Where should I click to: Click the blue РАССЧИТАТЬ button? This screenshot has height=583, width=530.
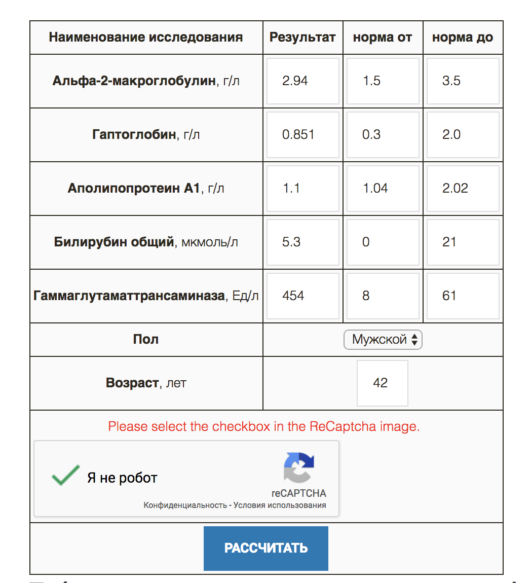(x=266, y=548)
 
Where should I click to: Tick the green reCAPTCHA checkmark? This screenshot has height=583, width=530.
(x=65, y=476)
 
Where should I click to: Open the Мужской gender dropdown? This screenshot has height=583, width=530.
(x=383, y=340)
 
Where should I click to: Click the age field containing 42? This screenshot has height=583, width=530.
(x=382, y=383)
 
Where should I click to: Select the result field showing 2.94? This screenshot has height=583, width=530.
(x=302, y=81)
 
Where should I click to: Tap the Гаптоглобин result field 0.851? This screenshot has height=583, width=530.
(x=302, y=135)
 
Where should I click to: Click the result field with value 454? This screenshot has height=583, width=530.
(x=302, y=296)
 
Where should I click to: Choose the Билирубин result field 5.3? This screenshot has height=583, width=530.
(x=302, y=242)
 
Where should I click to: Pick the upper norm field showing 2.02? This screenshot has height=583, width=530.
(x=463, y=189)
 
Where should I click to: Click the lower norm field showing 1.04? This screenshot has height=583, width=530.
(x=383, y=189)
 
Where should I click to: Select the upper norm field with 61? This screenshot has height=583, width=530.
(x=463, y=296)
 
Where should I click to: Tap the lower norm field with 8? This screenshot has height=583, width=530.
(x=383, y=296)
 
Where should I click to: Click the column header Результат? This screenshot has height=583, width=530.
(x=302, y=38)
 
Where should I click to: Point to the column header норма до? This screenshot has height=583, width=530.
(x=462, y=38)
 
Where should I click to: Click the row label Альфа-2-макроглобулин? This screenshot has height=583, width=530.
(x=134, y=81)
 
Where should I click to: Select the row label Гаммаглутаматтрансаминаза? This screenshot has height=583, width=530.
(x=129, y=296)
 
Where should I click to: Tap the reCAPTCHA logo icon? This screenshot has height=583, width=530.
(x=299, y=467)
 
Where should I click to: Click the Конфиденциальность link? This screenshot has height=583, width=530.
(x=185, y=505)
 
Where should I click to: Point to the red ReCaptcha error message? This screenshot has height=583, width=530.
(x=264, y=426)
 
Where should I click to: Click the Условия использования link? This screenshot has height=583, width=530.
(x=280, y=505)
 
